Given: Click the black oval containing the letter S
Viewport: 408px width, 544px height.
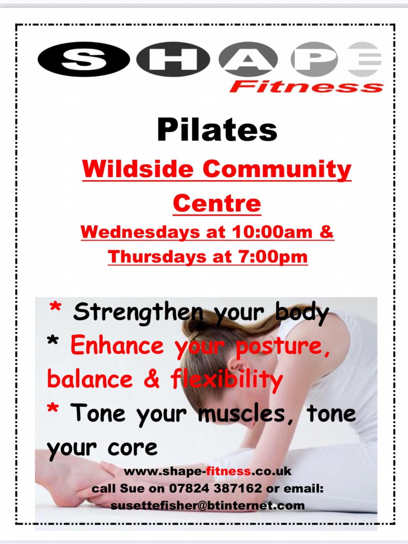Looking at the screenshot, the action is [84, 59].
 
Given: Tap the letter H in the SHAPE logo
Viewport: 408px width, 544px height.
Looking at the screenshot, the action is [173, 59].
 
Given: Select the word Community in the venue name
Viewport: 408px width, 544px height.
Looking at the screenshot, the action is [277, 170].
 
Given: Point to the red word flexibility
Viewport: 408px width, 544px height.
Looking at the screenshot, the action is [226, 380].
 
